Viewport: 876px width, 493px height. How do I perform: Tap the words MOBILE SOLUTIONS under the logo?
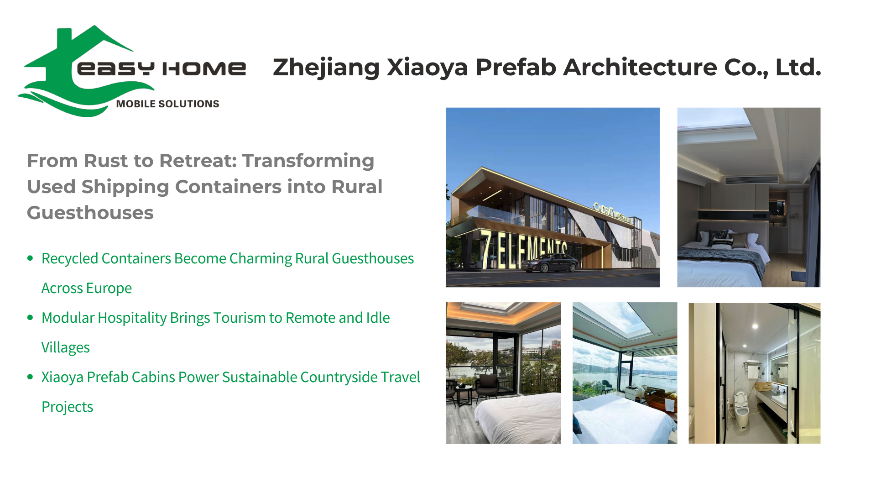[x=167, y=104]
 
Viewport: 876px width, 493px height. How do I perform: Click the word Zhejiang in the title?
[x=326, y=68]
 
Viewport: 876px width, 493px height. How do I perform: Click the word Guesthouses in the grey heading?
[x=90, y=213]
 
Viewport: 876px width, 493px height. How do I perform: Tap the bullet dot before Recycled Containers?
[x=30, y=258]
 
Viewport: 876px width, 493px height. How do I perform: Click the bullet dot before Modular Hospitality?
[x=30, y=318]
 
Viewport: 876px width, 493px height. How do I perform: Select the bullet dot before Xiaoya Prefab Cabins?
[x=30, y=377]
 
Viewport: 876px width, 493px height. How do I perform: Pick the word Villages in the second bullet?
[x=66, y=348]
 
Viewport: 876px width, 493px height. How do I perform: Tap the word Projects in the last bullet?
[x=68, y=407]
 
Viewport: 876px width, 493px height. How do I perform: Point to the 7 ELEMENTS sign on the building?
[x=524, y=249]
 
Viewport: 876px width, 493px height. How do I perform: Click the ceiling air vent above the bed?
[x=751, y=180]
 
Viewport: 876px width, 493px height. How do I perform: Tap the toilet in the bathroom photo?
[x=741, y=410]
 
